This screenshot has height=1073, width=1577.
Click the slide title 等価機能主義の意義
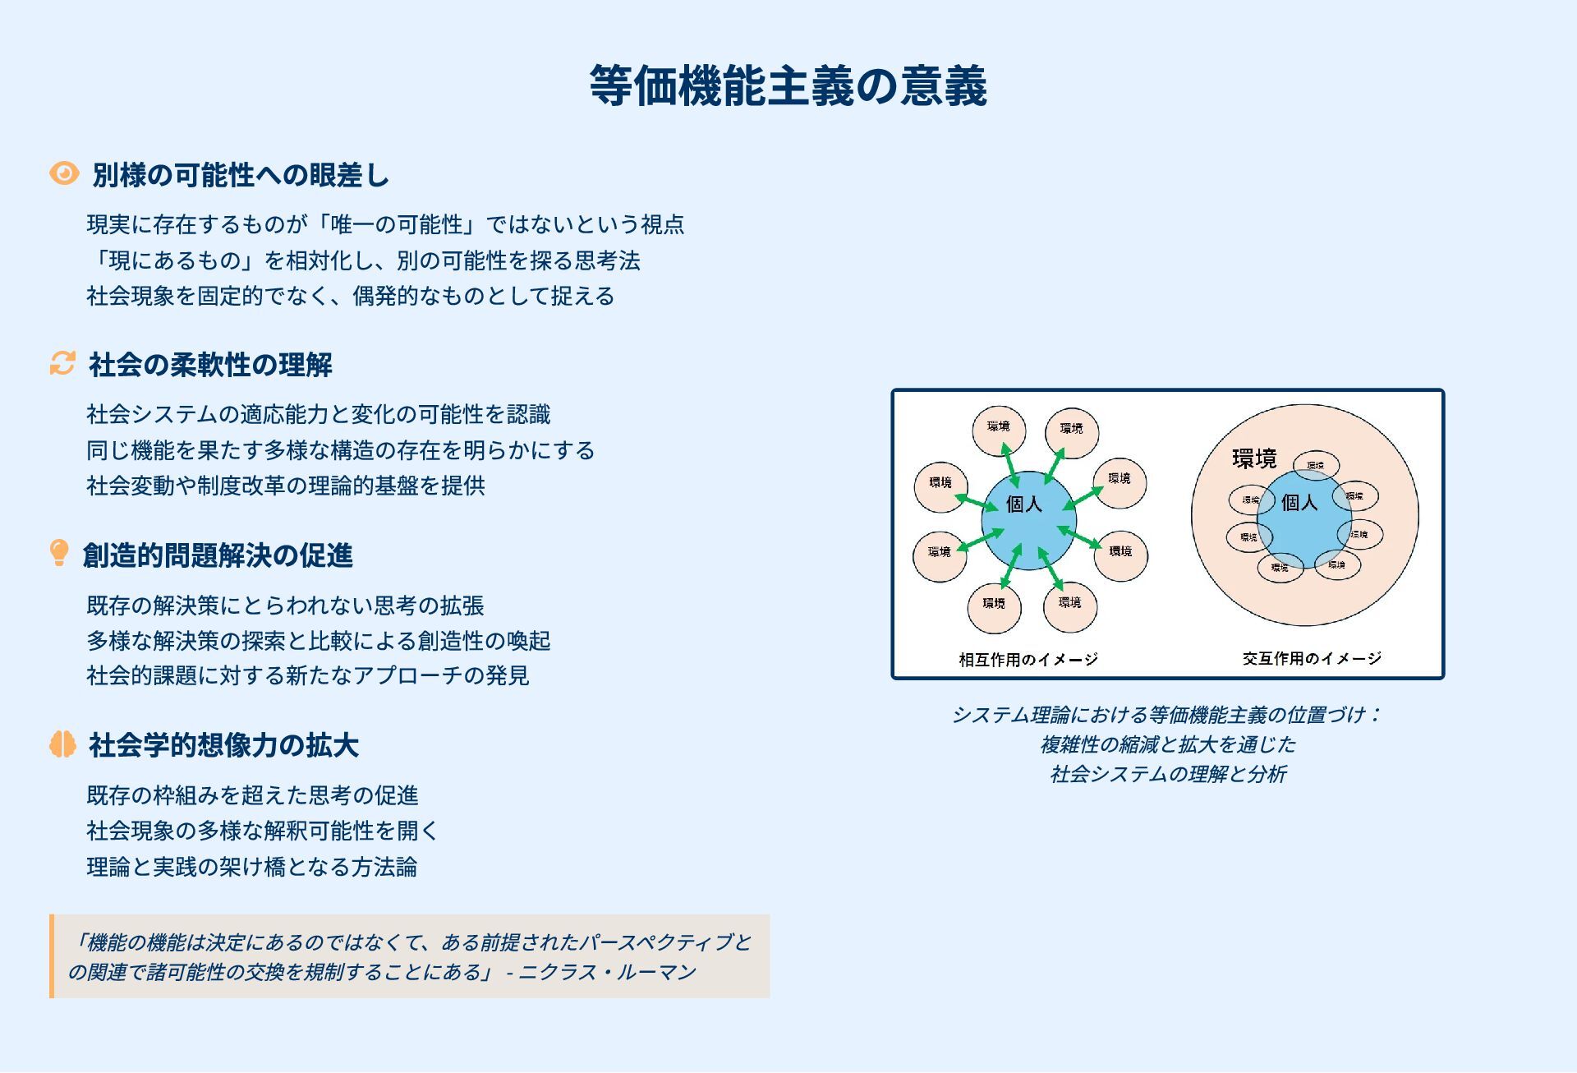[788, 85]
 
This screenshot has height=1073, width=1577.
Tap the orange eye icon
[64, 173]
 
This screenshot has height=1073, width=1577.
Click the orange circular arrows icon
[62, 363]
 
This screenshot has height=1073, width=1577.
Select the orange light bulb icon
[59, 553]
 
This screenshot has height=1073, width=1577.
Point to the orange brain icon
[62, 744]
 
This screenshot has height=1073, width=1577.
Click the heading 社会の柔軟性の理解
[210, 365]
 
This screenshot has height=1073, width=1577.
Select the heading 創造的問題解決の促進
[218, 555]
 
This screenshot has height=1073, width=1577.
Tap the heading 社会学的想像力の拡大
[223, 745]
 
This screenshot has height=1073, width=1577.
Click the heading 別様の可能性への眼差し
[241, 175]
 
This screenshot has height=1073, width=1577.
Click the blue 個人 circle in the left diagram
[1028, 519]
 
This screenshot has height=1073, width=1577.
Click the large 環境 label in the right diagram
[1254, 458]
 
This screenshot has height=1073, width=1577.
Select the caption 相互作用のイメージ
[1028, 659]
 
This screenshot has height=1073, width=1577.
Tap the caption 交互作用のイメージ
[1312, 658]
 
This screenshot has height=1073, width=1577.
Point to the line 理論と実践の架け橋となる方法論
[252, 867]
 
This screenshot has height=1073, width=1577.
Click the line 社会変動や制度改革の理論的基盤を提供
[286, 486]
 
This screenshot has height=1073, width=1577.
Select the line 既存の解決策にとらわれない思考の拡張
[286, 606]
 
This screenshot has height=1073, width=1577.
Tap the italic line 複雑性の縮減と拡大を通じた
[1167, 744]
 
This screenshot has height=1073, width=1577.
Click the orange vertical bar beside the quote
[52, 956]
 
